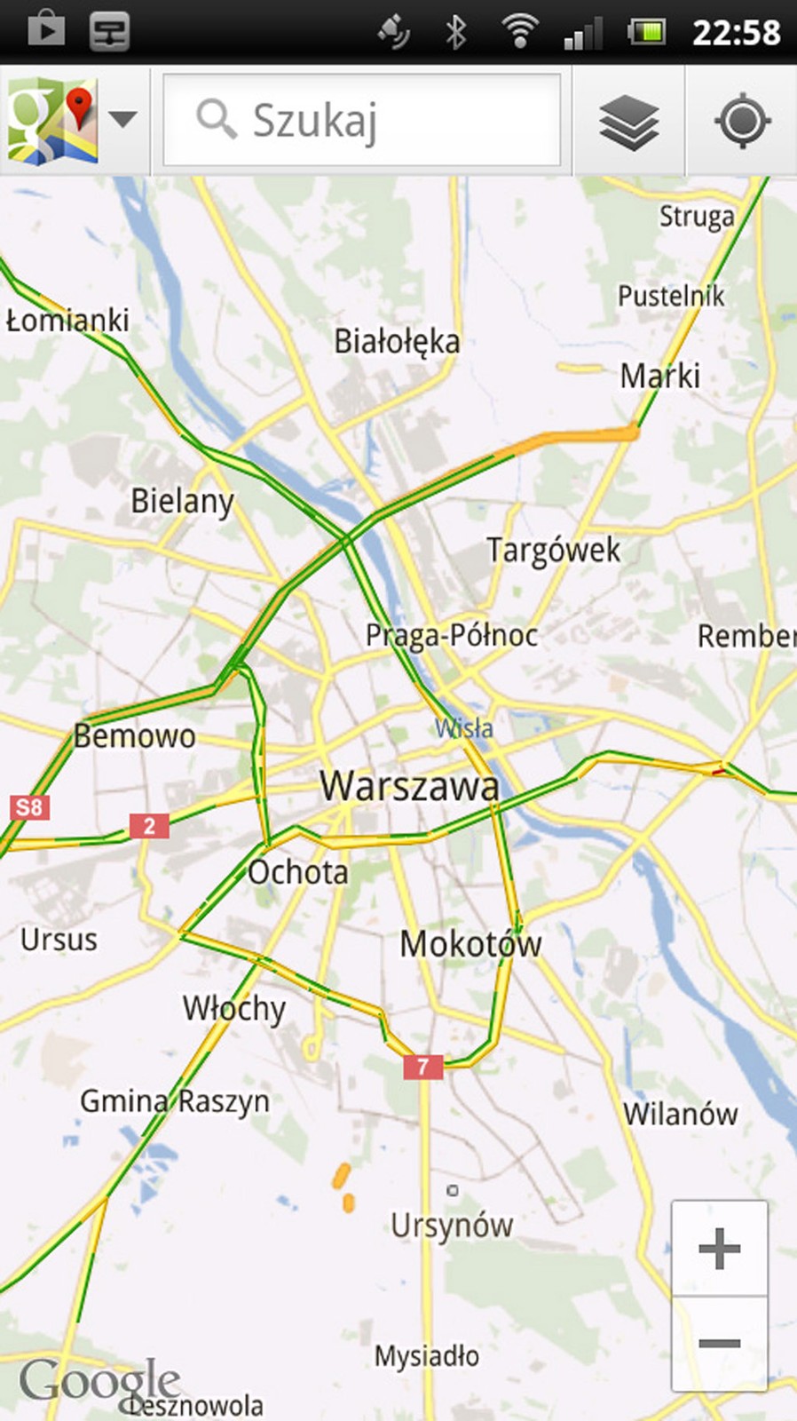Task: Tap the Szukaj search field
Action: point(362,120)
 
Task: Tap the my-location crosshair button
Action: point(742,121)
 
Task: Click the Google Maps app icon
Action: point(52,120)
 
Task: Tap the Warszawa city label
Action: point(409,786)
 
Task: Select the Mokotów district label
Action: point(470,943)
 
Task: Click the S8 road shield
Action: point(28,807)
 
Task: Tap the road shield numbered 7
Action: point(423,1066)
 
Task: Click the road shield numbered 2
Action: point(149,826)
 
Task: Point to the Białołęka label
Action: point(397,341)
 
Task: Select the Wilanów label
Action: point(681,1114)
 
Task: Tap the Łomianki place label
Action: point(67,320)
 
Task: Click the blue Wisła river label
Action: point(464,728)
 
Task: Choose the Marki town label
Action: point(659,376)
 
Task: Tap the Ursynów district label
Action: point(452,1226)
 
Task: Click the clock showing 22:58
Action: point(736,33)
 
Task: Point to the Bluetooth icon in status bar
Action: point(456,33)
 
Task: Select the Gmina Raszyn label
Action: point(175,1101)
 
